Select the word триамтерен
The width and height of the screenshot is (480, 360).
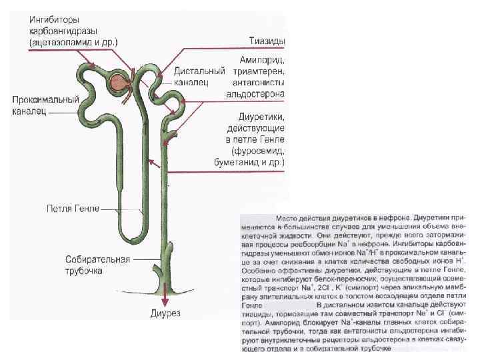point(258,71)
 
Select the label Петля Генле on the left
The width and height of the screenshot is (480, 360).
point(73,209)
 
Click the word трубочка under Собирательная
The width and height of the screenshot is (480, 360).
point(84,271)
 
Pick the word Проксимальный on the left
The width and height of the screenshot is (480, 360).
point(45,99)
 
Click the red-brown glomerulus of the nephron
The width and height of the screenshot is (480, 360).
point(119,82)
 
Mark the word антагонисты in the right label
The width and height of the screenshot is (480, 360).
point(260,83)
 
